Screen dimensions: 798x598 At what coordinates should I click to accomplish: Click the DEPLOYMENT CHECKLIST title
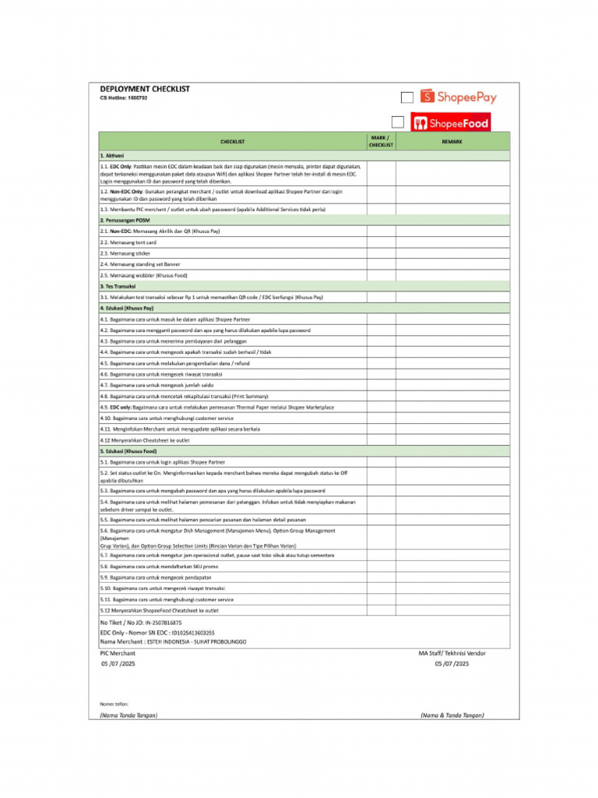[x=144, y=89]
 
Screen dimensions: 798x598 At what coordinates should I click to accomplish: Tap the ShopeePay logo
[x=458, y=97]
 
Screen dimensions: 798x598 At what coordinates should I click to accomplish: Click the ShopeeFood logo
[x=451, y=122]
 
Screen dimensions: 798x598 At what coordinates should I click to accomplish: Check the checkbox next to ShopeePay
[x=406, y=97]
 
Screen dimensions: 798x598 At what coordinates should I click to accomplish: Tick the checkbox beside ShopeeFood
[x=398, y=122]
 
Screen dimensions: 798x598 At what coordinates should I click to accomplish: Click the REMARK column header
[x=452, y=141]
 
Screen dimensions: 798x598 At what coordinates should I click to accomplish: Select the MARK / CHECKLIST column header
[x=382, y=141]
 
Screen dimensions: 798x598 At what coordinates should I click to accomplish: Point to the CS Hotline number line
[x=123, y=98]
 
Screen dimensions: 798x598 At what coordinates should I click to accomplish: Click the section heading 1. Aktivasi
[x=112, y=156]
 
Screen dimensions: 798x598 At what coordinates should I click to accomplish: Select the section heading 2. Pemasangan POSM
[x=125, y=221]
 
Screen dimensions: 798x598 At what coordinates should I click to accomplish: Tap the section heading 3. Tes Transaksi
[x=118, y=286]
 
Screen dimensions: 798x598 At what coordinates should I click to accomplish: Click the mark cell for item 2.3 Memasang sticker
[x=382, y=253]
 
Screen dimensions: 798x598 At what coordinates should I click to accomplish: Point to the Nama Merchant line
[x=173, y=641]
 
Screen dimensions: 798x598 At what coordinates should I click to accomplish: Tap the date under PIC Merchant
[x=118, y=664]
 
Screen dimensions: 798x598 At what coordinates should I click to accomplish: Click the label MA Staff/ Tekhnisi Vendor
[x=452, y=653]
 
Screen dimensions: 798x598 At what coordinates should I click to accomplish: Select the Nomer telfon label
[x=114, y=704]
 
